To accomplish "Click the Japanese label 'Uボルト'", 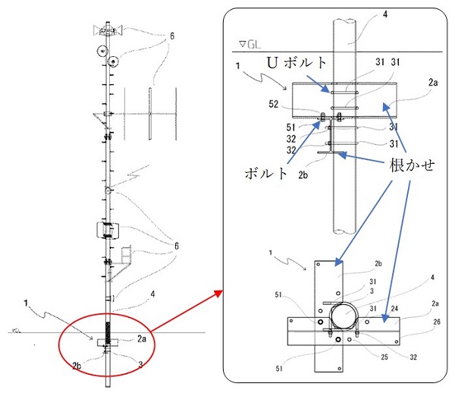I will pyautogui.click(x=299, y=60).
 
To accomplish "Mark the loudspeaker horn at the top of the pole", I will pyautogui.click(x=108, y=30).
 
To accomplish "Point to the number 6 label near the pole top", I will pyautogui.click(x=171, y=36).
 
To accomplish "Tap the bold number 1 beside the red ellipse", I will pyautogui.click(x=27, y=304).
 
